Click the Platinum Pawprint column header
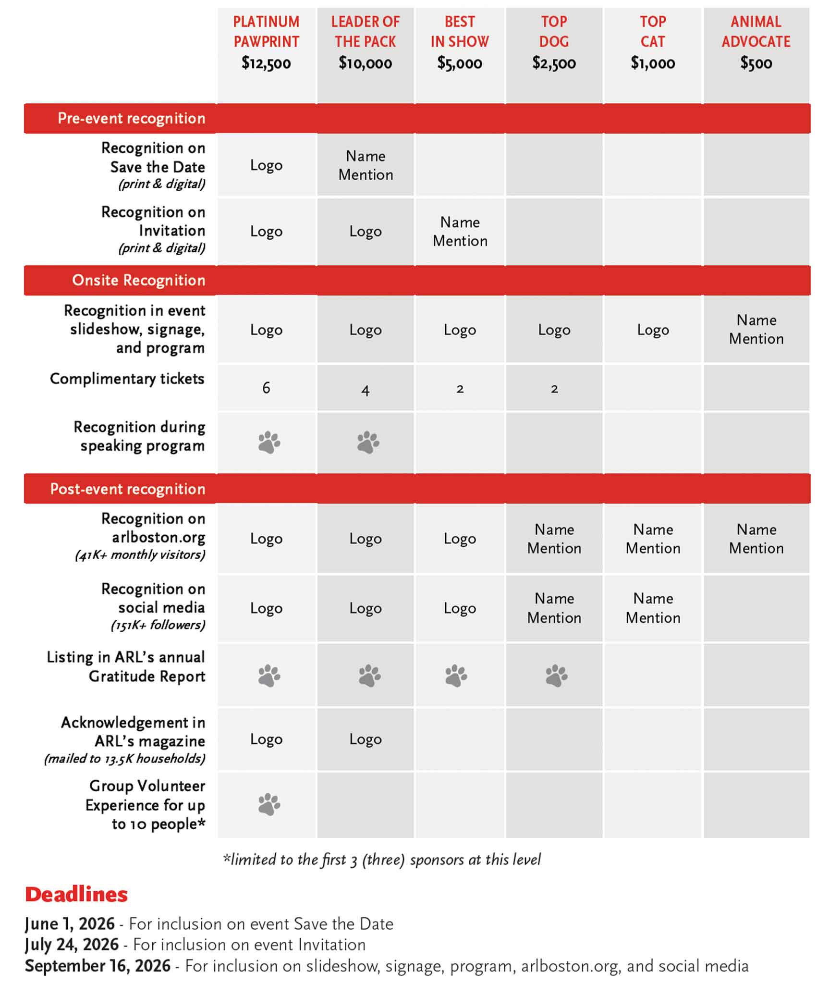pyautogui.click(x=266, y=32)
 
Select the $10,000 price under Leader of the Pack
pyautogui.click(x=365, y=63)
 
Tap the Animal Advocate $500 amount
pyautogui.click(x=756, y=63)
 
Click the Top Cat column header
pyautogui.click(x=653, y=32)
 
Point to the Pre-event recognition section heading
pyautogui.click(x=131, y=118)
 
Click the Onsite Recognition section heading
pyautogui.click(x=138, y=280)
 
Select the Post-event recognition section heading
pyautogui.click(x=127, y=489)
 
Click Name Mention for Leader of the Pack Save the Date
pyautogui.click(x=366, y=165)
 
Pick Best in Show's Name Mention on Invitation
pyautogui.click(x=460, y=231)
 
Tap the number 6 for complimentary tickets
pyautogui.click(x=266, y=388)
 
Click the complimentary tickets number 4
pyautogui.click(x=365, y=390)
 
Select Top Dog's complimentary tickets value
pyautogui.click(x=554, y=389)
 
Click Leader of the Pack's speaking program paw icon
pyautogui.click(x=368, y=443)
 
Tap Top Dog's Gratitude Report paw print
pyautogui.click(x=556, y=676)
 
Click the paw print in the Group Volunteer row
pyautogui.click(x=269, y=804)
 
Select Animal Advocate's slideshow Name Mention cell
pyautogui.click(x=756, y=329)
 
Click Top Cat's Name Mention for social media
pyautogui.click(x=653, y=608)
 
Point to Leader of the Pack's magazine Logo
pyautogui.click(x=365, y=739)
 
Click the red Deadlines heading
pyautogui.click(x=76, y=894)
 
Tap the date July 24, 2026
pyautogui.click(x=72, y=944)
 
